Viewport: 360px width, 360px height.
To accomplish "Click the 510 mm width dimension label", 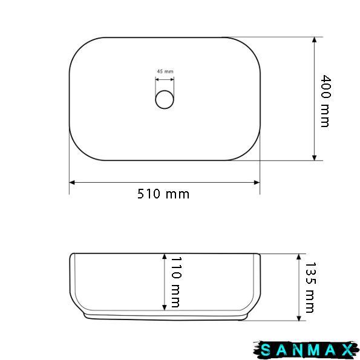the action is tap(163, 194).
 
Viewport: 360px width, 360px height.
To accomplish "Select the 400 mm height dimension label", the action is tap(326, 101).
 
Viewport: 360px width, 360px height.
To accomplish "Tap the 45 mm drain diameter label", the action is tap(165, 71).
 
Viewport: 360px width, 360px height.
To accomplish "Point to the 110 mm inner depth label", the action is tap(176, 282).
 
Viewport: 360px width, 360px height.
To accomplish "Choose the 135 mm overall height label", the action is tap(310, 287).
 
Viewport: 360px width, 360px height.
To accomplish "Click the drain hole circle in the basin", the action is tap(165, 100).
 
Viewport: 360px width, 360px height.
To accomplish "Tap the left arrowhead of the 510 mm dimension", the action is tap(72, 183).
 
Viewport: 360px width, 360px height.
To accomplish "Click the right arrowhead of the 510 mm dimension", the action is tap(257, 183).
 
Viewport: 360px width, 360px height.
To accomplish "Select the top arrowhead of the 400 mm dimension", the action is tap(315, 40).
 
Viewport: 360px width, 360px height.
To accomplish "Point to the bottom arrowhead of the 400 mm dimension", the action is tap(315, 158).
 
